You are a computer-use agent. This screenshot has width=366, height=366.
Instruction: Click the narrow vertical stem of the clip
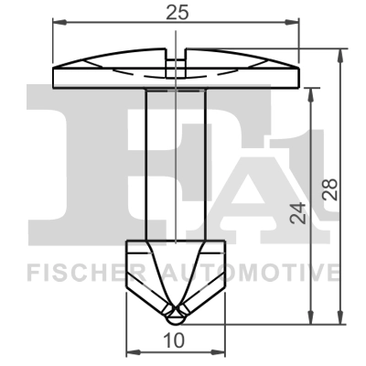tap(175, 165)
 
